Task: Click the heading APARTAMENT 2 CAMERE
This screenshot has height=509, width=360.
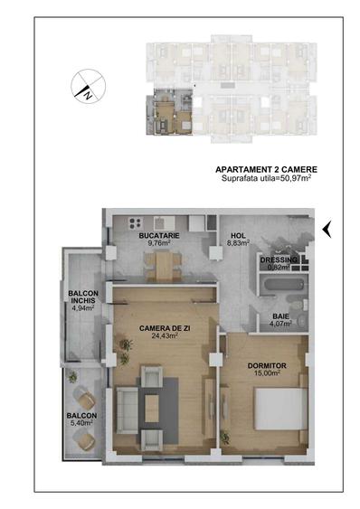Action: [x=266, y=169]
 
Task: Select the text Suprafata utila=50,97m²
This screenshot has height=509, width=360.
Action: [x=266, y=179]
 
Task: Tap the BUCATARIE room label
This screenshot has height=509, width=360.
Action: [x=158, y=235]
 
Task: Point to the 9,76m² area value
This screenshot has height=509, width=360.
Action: [x=158, y=243]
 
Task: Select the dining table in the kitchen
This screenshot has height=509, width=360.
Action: [x=161, y=264]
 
